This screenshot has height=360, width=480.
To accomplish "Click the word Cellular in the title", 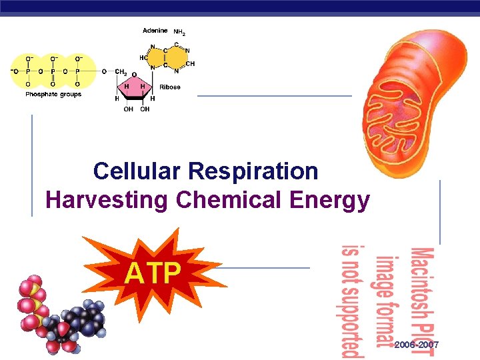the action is [138, 171].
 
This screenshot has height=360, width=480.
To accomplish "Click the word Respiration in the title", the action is [254, 171].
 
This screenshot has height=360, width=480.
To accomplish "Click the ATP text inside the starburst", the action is [153, 273].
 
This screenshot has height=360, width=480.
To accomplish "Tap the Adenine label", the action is [155, 31].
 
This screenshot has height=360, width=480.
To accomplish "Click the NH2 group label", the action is [180, 31].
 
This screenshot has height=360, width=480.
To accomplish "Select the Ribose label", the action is [170, 87].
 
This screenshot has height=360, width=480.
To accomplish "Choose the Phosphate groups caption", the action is [53, 95].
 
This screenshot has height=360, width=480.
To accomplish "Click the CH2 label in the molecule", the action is [121, 71].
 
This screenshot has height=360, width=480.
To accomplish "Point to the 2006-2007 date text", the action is [417, 344].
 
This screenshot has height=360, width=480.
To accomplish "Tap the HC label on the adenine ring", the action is [143, 57].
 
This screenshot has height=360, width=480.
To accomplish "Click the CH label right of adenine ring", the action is [190, 64].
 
